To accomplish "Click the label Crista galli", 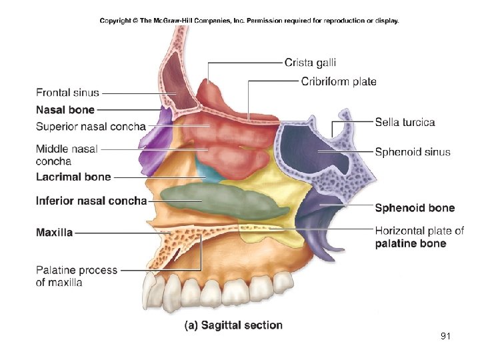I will (x=310, y=63).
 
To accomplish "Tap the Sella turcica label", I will (x=405, y=123).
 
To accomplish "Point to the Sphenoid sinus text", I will (x=413, y=152).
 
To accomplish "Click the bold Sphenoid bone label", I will (x=415, y=208).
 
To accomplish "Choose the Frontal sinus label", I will (x=67, y=93).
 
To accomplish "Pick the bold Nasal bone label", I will (x=65, y=109).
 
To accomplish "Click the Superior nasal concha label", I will (x=91, y=127).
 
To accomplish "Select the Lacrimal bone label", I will (x=73, y=177).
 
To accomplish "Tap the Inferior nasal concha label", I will (x=91, y=201).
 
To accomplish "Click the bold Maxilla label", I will (x=55, y=233).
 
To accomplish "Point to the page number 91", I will (x=446, y=336).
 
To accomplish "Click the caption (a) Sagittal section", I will (x=233, y=325).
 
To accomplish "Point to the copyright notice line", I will (x=249, y=21).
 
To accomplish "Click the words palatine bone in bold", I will (x=411, y=243).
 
